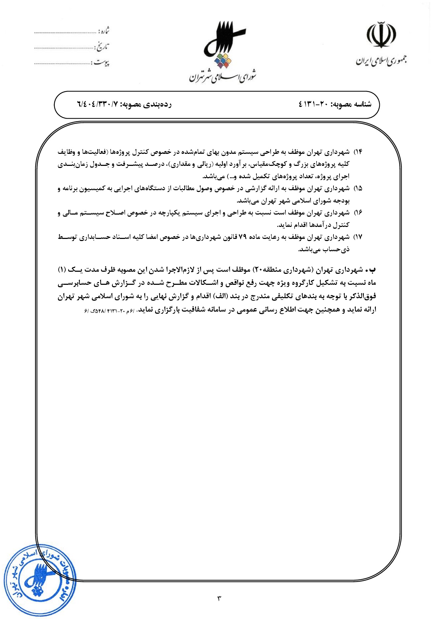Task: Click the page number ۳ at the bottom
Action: (x=219, y=599)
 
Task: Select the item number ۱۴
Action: (x=358, y=152)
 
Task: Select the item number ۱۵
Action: (x=358, y=188)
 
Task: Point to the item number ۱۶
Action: (x=358, y=213)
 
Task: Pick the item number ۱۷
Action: (x=358, y=237)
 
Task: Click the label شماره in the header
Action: (x=103, y=31)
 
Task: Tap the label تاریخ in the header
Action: (x=102, y=47)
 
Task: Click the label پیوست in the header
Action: (x=101, y=63)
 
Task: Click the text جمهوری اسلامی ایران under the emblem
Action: (x=381, y=61)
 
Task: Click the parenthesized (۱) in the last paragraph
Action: (x=62, y=270)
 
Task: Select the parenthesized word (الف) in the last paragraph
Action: (x=222, y=296)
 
